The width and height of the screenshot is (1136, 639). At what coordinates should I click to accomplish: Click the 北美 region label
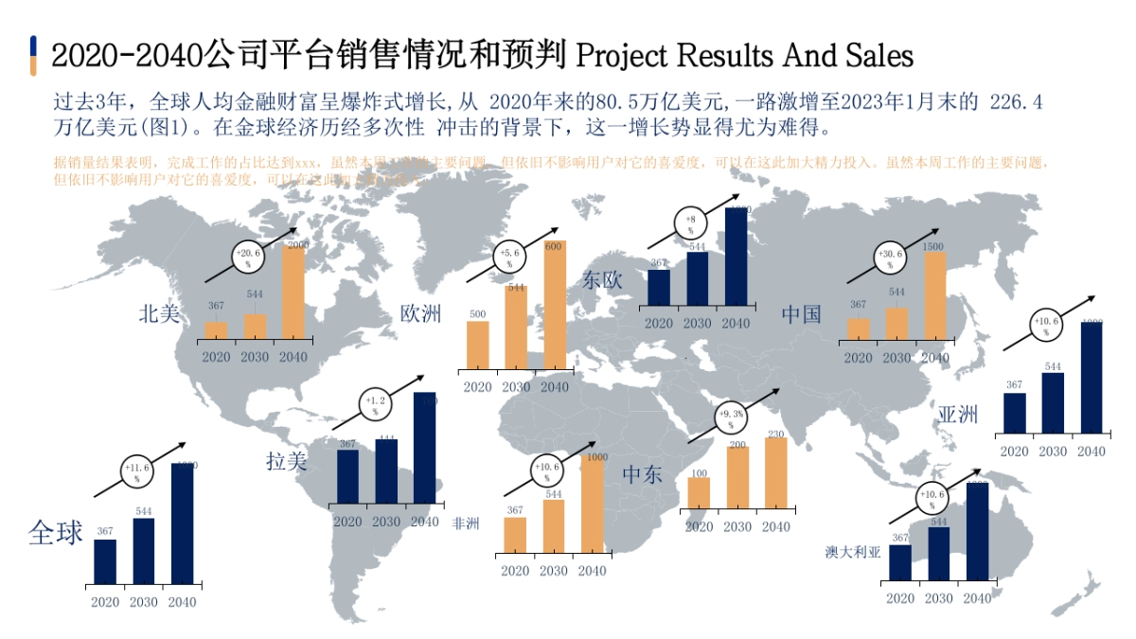[159, 313]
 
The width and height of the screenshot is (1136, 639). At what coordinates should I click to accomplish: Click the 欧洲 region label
[420, 313]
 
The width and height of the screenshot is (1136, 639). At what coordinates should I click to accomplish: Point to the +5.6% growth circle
[509, 257]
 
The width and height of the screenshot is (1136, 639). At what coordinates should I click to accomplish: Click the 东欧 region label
[603, 280]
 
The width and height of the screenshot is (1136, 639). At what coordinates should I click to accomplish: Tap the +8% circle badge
[690, 224]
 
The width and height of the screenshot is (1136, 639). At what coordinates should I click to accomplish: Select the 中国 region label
[802, 313]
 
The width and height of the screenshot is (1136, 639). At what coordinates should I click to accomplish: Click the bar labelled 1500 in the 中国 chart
[934, 295]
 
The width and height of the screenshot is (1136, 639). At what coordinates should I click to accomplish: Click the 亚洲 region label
[958, 414]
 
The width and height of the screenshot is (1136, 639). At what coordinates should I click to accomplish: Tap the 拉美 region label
[287, 461]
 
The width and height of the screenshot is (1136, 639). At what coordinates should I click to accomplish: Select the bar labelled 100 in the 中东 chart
[699, 492]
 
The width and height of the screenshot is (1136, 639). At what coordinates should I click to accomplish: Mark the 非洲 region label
[466, 523]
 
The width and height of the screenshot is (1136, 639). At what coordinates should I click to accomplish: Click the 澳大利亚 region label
[853, 552]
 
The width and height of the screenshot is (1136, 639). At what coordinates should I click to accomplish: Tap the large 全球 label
[56, 533]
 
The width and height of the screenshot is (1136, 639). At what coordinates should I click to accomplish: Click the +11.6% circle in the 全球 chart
[136, 472]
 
